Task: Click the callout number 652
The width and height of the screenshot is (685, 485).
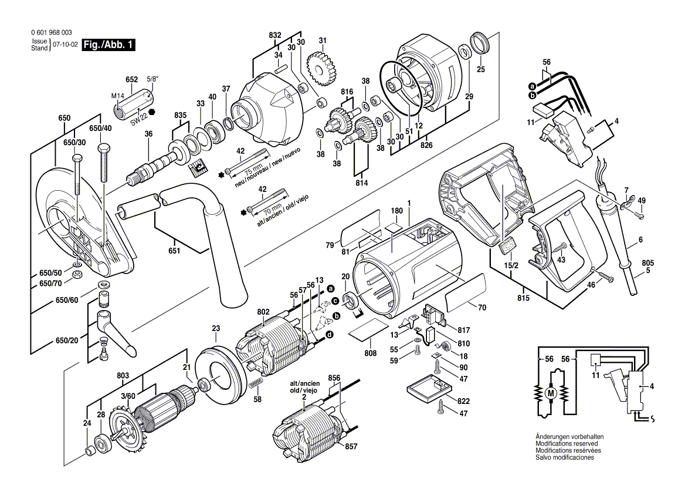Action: (131, 79)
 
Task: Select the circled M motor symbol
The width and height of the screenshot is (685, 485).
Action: (550, 392)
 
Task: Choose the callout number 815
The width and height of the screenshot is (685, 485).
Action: (523, 298)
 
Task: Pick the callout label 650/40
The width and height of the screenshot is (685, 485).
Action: (100, 128)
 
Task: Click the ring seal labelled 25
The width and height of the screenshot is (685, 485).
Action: (481, 45)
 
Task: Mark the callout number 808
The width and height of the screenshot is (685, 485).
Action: (370, 354)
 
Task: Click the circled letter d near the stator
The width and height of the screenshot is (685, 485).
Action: (330, 334)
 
